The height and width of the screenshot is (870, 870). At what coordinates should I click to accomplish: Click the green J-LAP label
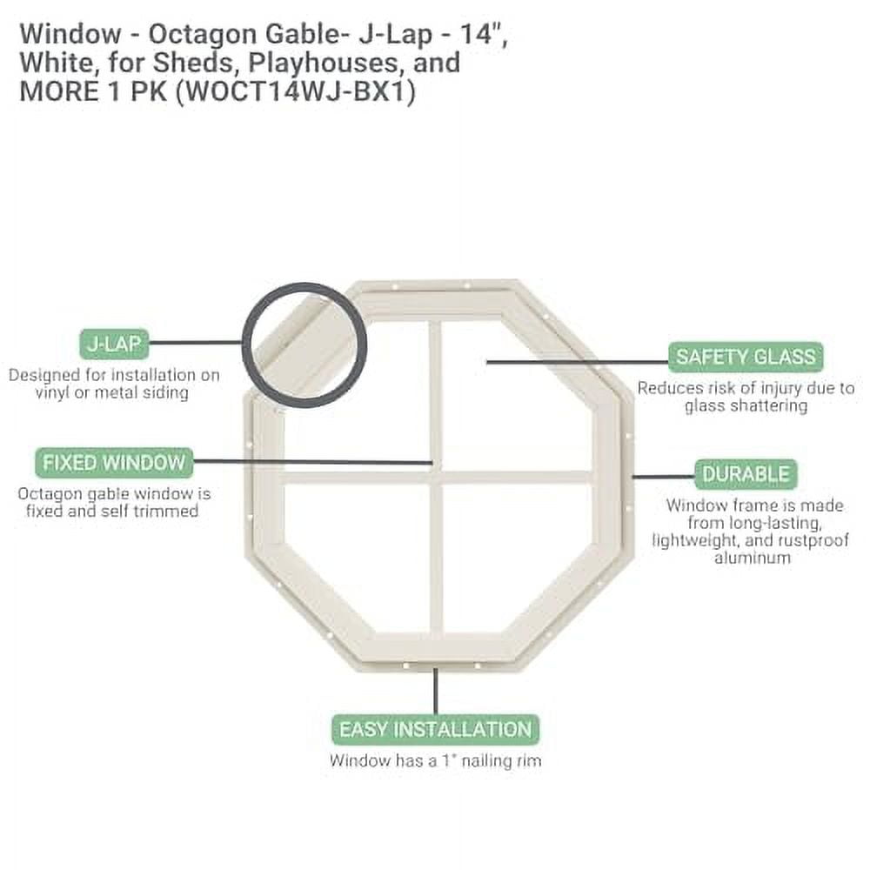tap(113, 343)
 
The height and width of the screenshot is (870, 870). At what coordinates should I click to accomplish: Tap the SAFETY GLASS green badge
tap(746, 357)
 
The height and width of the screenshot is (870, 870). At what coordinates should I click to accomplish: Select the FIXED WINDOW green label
tap(113, 462)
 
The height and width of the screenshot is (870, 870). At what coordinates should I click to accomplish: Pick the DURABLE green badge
tap(746, 475)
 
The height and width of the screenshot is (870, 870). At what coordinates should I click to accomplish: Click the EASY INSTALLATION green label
tap(434, 729)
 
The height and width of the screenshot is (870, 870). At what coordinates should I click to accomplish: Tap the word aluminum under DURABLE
tap(753, 558)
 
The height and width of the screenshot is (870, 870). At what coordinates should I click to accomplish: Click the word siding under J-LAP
tap(168, 393)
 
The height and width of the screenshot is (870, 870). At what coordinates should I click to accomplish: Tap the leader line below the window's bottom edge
tap(435, 692)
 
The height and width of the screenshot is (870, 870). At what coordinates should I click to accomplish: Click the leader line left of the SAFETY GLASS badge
tap(574, 358)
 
